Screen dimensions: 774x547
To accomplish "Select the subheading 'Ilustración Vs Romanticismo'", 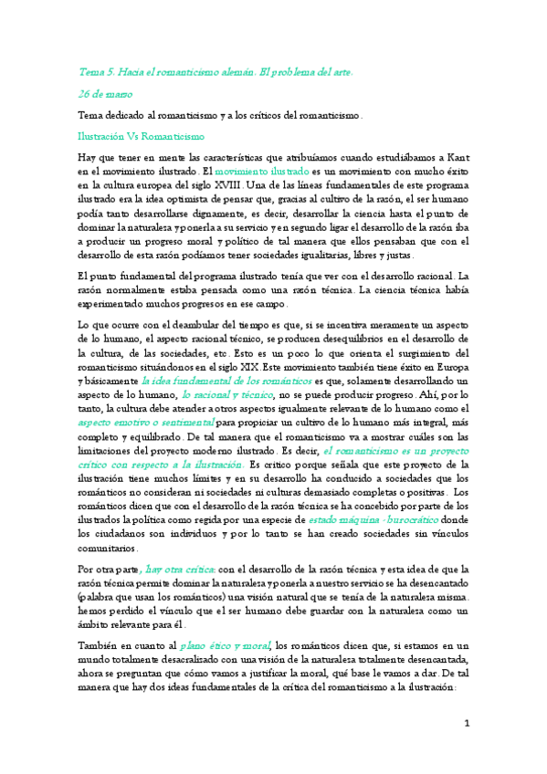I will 141,135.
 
